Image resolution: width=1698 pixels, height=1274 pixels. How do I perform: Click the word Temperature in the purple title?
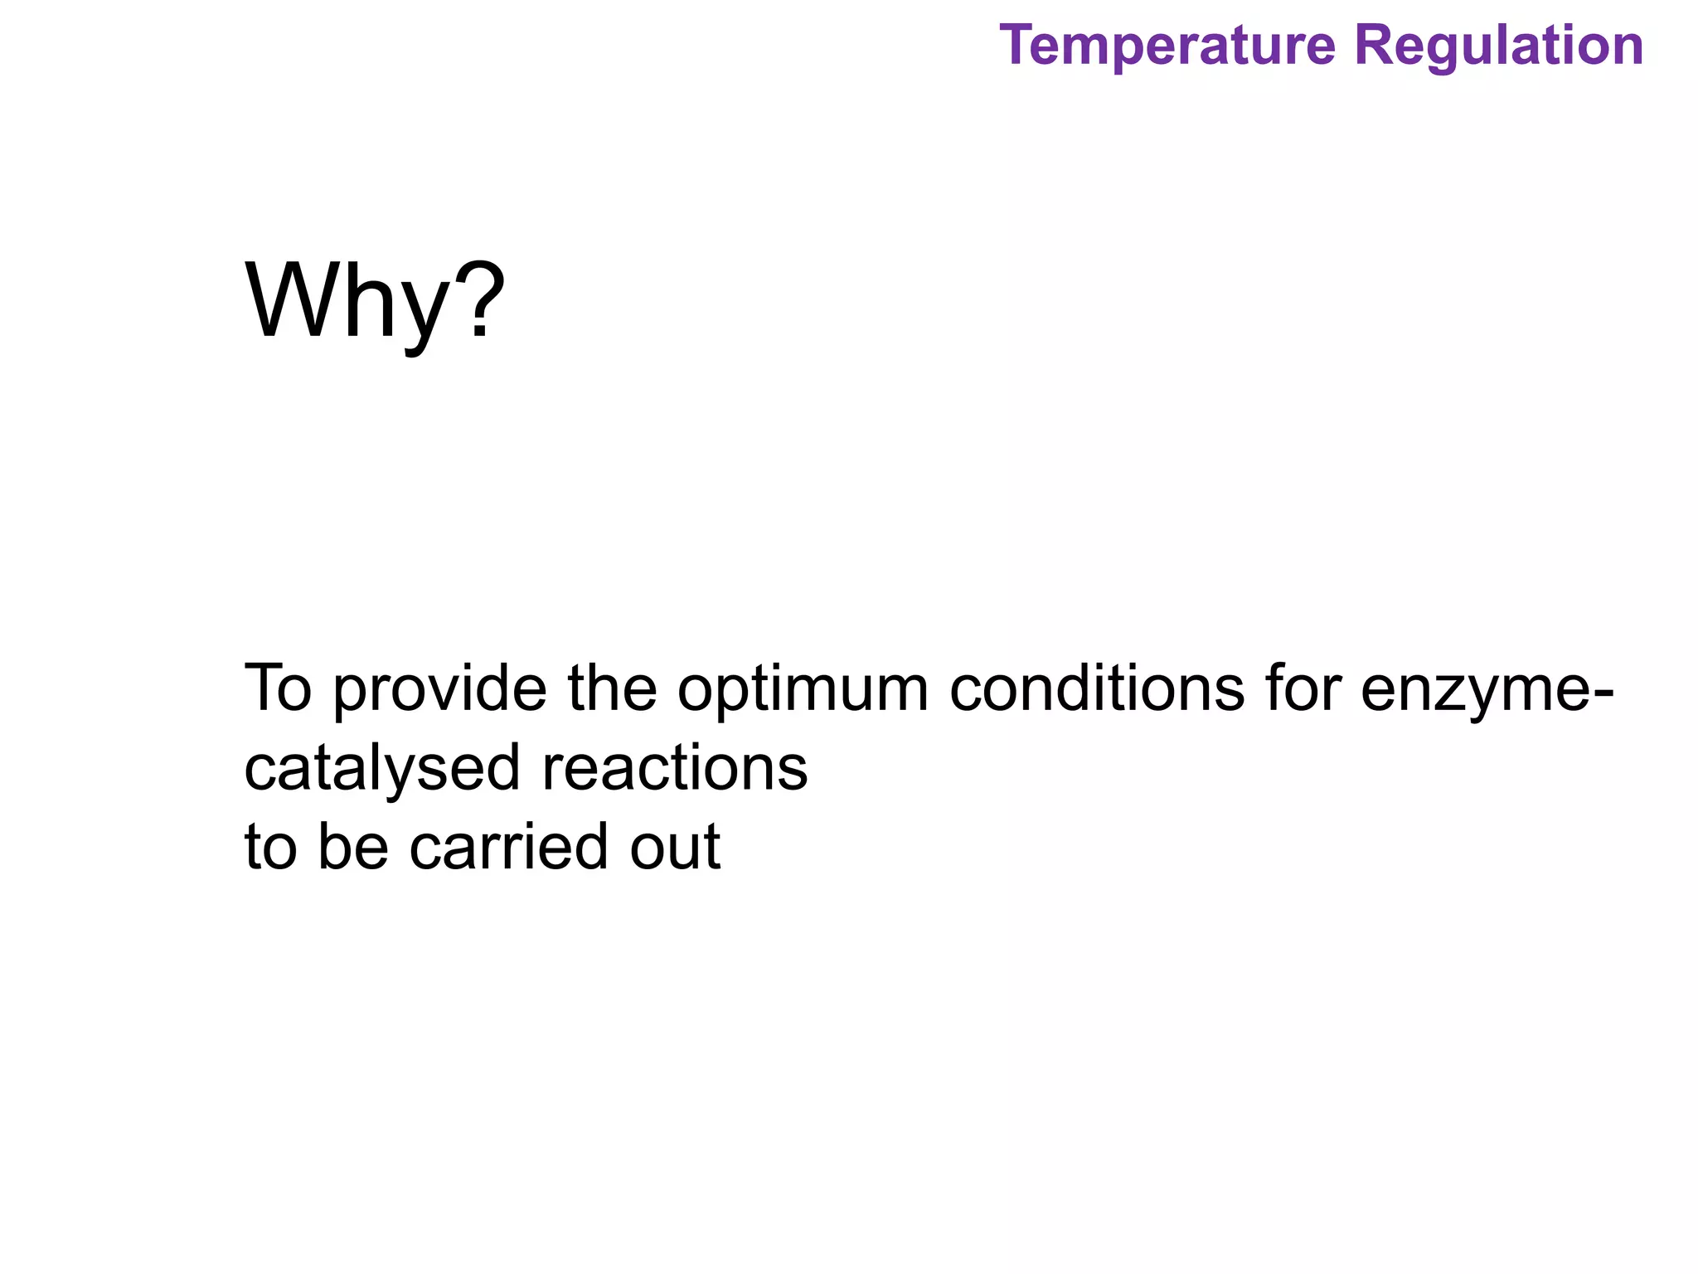(x=1167, y=46)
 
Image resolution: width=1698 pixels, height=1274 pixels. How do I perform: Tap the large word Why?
(x=347, y=303)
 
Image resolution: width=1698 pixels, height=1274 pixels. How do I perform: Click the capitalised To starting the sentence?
(x=278, y=688)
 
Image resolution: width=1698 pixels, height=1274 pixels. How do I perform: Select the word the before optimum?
(x=612, y=688)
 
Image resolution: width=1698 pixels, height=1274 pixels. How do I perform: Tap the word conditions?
(x=1096, y=688)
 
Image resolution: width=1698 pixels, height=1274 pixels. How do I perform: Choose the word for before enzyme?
(x=1303, y=688)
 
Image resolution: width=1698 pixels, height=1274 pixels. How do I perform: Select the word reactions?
(x=674, y=768)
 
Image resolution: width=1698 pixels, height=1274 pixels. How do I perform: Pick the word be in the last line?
(x=353, y=847)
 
